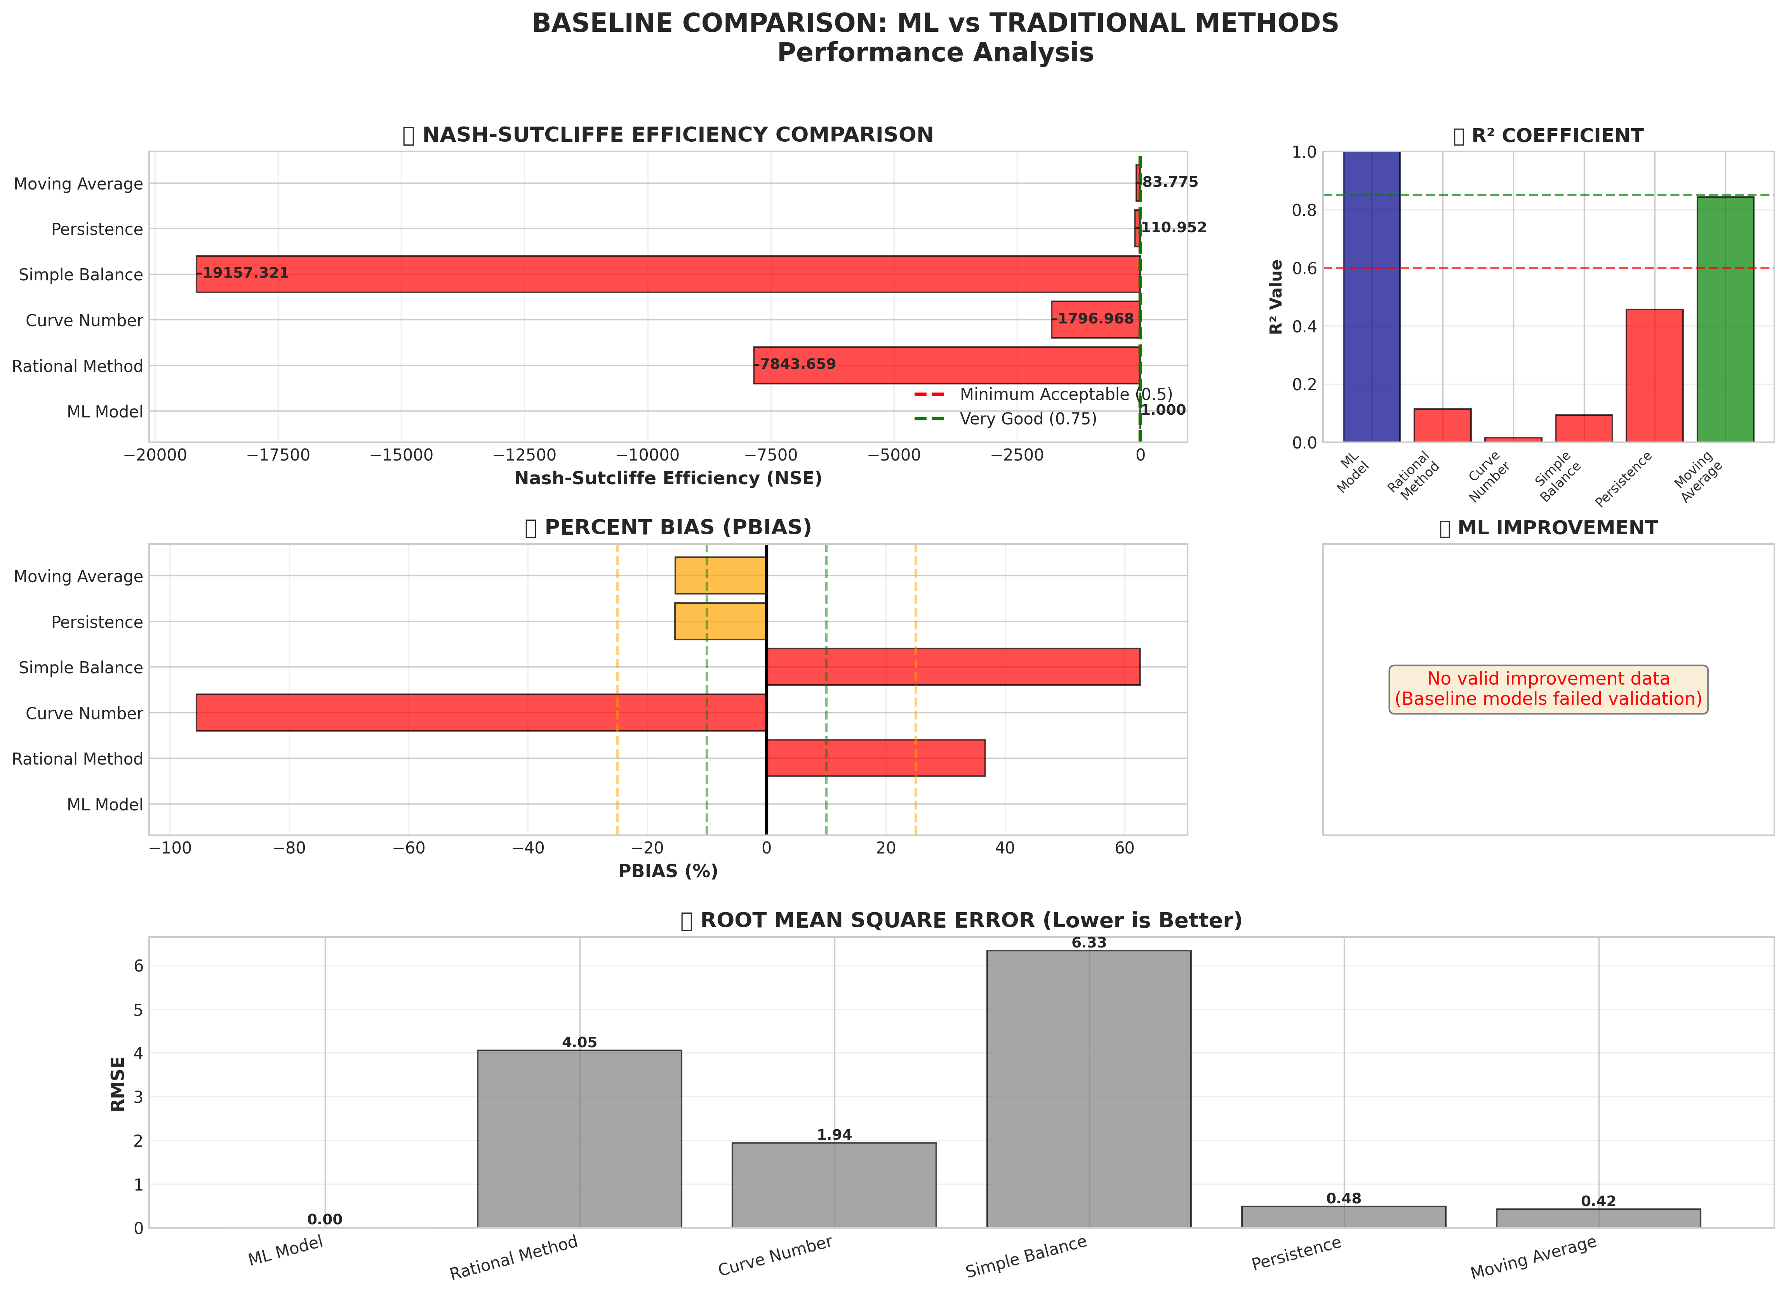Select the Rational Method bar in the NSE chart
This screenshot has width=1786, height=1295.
[x=945, y=365]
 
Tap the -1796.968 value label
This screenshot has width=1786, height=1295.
[x=1095, y=319]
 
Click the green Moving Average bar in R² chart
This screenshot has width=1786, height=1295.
[x=1725, y=319]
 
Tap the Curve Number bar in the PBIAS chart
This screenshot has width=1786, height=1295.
[x=480, y=713]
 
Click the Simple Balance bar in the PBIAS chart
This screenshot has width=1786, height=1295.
[x=953, y=667]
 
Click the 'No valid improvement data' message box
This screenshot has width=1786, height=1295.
[x=1548, y=689]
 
